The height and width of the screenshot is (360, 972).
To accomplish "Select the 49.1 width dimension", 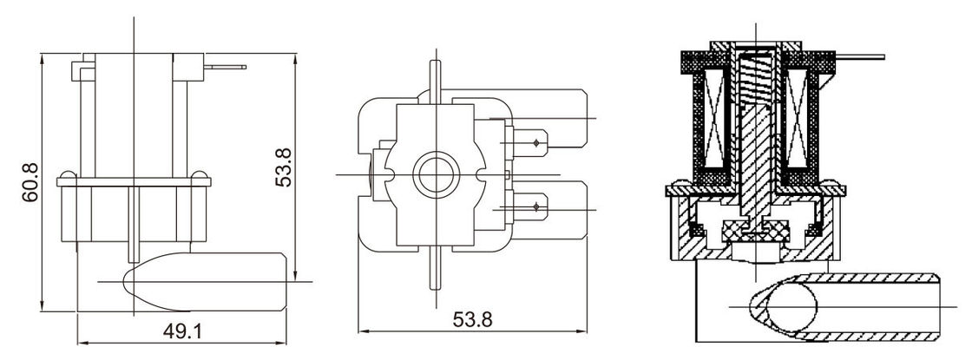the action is [182, 331].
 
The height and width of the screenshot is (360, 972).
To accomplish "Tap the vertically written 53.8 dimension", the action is [283, 167].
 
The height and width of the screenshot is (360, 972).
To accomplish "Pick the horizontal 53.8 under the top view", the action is [472, 320].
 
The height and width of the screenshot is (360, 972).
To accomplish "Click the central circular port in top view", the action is [437, 174].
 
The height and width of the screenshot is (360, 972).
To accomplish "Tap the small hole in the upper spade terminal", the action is [536, 143].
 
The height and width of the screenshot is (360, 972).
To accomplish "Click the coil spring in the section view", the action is [756, 80].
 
